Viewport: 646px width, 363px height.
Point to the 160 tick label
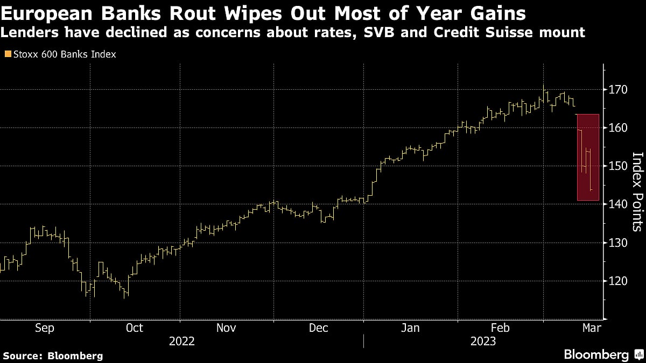click(x=619, y=128)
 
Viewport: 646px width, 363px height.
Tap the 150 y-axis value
click(x=619, y=166)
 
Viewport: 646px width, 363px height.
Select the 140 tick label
click(x=619, y=204)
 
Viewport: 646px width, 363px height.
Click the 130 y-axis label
click(x=619, y=243)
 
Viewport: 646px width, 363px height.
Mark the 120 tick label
click(x=619, y=281)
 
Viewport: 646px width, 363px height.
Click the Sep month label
click(x=44, y=328)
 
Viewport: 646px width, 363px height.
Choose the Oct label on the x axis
click(x=135, y=328)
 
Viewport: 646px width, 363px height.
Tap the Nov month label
click(x=227, y=328)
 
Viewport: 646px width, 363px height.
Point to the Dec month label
click(x=318, y=328)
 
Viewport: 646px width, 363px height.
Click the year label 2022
click(x=181, y=341)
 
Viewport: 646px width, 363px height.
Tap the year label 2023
click(x=483, y=341)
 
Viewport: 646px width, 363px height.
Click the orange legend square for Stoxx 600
click(x=7, y=54)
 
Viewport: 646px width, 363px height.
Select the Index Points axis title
click(x=637, y=191)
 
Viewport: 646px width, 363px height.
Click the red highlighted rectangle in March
click(x=588, y=157)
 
